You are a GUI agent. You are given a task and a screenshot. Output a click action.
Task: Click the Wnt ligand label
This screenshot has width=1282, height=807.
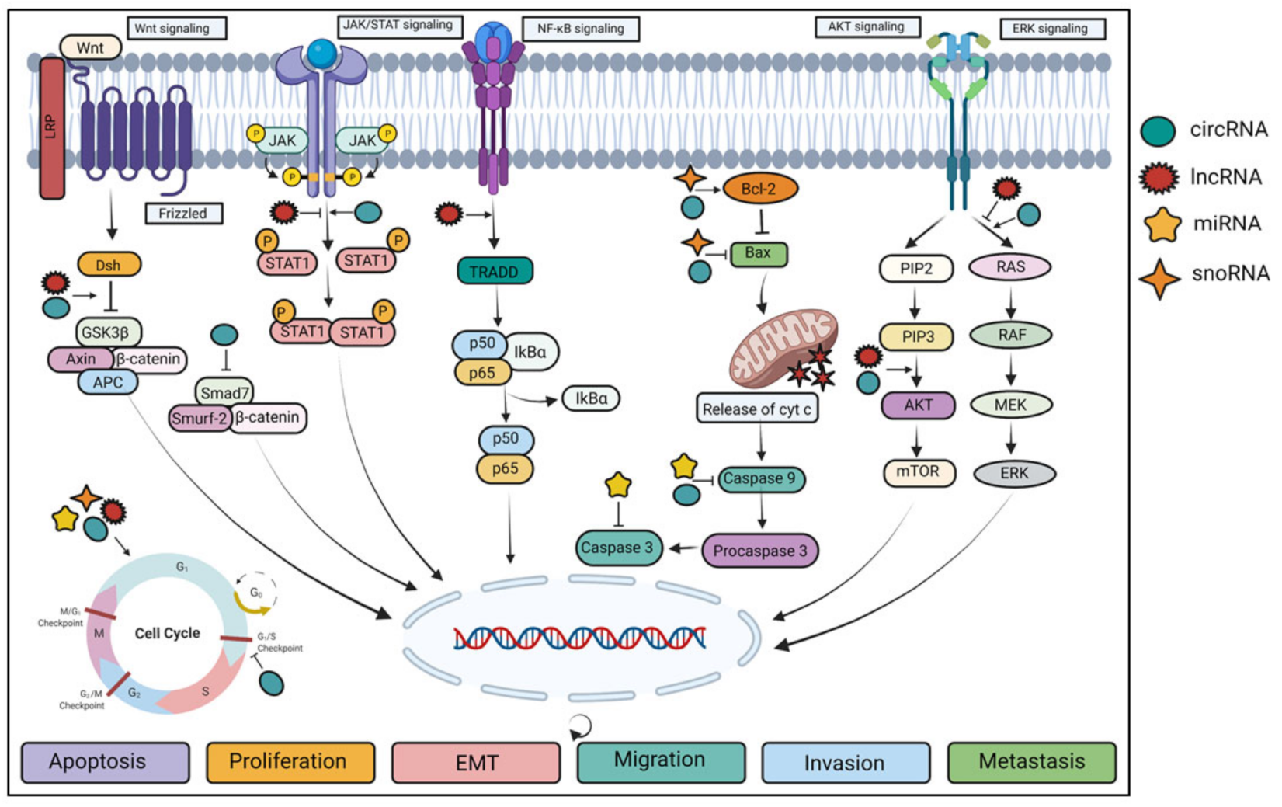90,47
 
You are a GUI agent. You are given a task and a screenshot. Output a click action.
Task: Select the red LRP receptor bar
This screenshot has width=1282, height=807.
52,129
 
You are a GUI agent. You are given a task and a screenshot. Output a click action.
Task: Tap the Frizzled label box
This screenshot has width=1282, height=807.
183,214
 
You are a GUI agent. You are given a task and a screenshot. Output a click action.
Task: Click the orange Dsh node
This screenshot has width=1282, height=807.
109,265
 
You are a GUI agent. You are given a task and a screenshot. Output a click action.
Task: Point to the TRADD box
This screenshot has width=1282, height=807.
495,272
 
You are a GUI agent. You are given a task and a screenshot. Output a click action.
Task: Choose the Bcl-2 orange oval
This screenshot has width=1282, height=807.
759,189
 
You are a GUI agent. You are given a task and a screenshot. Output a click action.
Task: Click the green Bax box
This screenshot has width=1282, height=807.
758,253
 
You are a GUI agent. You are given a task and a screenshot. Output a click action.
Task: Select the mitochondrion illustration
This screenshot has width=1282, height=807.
783,349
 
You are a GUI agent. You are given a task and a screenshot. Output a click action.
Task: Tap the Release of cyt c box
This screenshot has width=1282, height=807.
756,409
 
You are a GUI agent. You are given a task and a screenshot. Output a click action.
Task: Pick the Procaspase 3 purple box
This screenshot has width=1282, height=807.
759,551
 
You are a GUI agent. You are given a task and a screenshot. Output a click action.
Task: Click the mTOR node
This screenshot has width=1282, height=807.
918,471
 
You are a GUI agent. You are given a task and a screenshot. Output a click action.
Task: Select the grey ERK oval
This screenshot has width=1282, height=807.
1013,473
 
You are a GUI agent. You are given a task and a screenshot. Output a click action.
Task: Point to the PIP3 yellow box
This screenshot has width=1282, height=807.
916,337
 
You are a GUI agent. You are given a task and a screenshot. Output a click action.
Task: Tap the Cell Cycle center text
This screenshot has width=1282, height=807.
167,633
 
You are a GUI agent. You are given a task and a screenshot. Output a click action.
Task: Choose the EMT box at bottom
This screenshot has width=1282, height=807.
475,763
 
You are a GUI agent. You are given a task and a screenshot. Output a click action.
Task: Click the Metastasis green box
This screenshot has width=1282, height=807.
1030,762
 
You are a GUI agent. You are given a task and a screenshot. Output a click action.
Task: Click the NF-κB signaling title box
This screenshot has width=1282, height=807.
580,29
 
